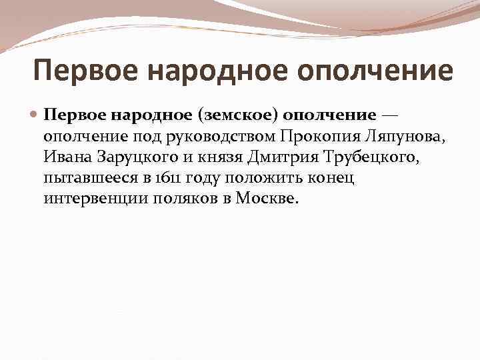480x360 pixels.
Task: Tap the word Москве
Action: (x=267, y=199)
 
